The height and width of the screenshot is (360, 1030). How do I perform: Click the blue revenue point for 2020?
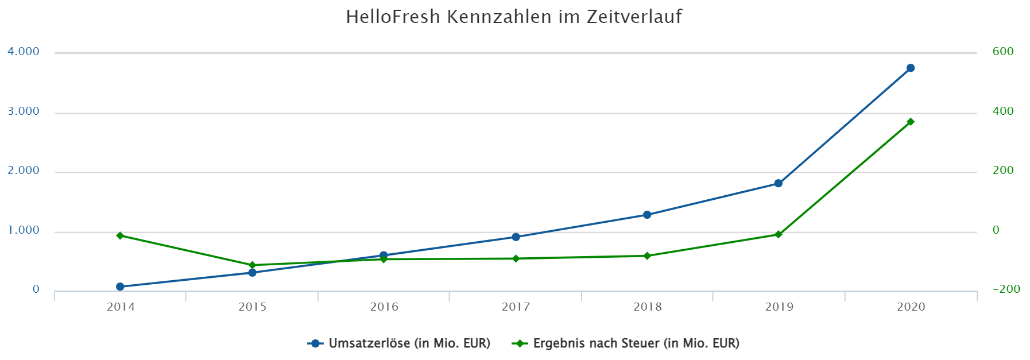[x=910, y=68]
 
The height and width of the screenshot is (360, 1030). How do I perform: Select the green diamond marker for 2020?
[x=910, y=122]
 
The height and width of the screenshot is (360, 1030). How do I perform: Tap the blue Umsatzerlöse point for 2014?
[x=120, y=287]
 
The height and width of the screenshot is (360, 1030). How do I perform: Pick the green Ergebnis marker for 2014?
[x=120, y=235]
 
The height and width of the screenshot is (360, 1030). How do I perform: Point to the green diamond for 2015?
[x=252, y=265]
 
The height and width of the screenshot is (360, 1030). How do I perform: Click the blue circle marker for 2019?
[x=778, y=183]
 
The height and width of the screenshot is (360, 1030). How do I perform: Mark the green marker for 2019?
[x=778, y=234]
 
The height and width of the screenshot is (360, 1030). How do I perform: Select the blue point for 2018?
[x=647, y=215]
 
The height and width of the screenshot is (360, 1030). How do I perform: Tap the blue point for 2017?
[x=516, y=237]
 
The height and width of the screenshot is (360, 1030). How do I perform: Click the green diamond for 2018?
[x=647, y=256]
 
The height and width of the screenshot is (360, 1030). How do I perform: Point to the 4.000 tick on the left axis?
[x=24, y=52]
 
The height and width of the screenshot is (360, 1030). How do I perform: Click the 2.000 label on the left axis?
[x=24, y=171]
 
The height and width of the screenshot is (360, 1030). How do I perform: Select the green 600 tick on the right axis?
[x=1003, y=52]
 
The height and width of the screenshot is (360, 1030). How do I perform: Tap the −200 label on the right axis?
[x=1006, y=289]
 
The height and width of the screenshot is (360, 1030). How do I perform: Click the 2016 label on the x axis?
[x=384, y=307]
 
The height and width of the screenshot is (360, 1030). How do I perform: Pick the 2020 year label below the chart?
[x=911, y=307]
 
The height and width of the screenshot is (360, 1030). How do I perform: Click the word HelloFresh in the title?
[x=393, y=17]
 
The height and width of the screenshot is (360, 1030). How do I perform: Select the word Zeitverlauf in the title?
[x=634, y=17]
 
